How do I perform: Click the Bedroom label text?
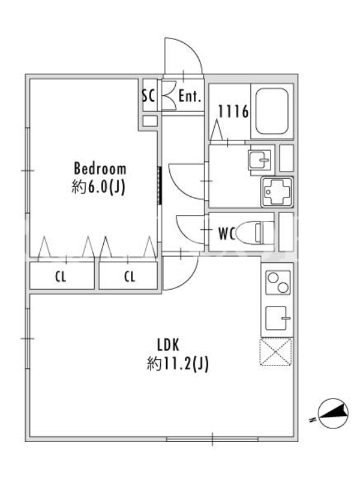tap(100, 169)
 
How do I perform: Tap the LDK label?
tap(168, 345)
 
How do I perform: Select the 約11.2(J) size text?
tap(178, 364)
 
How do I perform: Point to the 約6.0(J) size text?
tap(98, 187)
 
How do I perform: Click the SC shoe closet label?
tap(148, 96)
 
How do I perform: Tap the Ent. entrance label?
tap(190, 96)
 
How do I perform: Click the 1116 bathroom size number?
tap(233, 112)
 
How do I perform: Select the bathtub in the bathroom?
tap(272, 112)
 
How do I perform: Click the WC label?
tap(227, 234)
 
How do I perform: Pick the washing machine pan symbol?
tap(277, 192)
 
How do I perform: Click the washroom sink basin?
tap(259, 160)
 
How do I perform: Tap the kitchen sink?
tap(278, 318)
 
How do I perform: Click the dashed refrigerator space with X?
tap(276, 352)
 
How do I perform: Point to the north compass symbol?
tap(334, 414)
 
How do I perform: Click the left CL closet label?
tap(61, 277)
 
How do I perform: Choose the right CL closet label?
tap(130, 277)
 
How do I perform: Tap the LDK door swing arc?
tap(189, 279)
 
